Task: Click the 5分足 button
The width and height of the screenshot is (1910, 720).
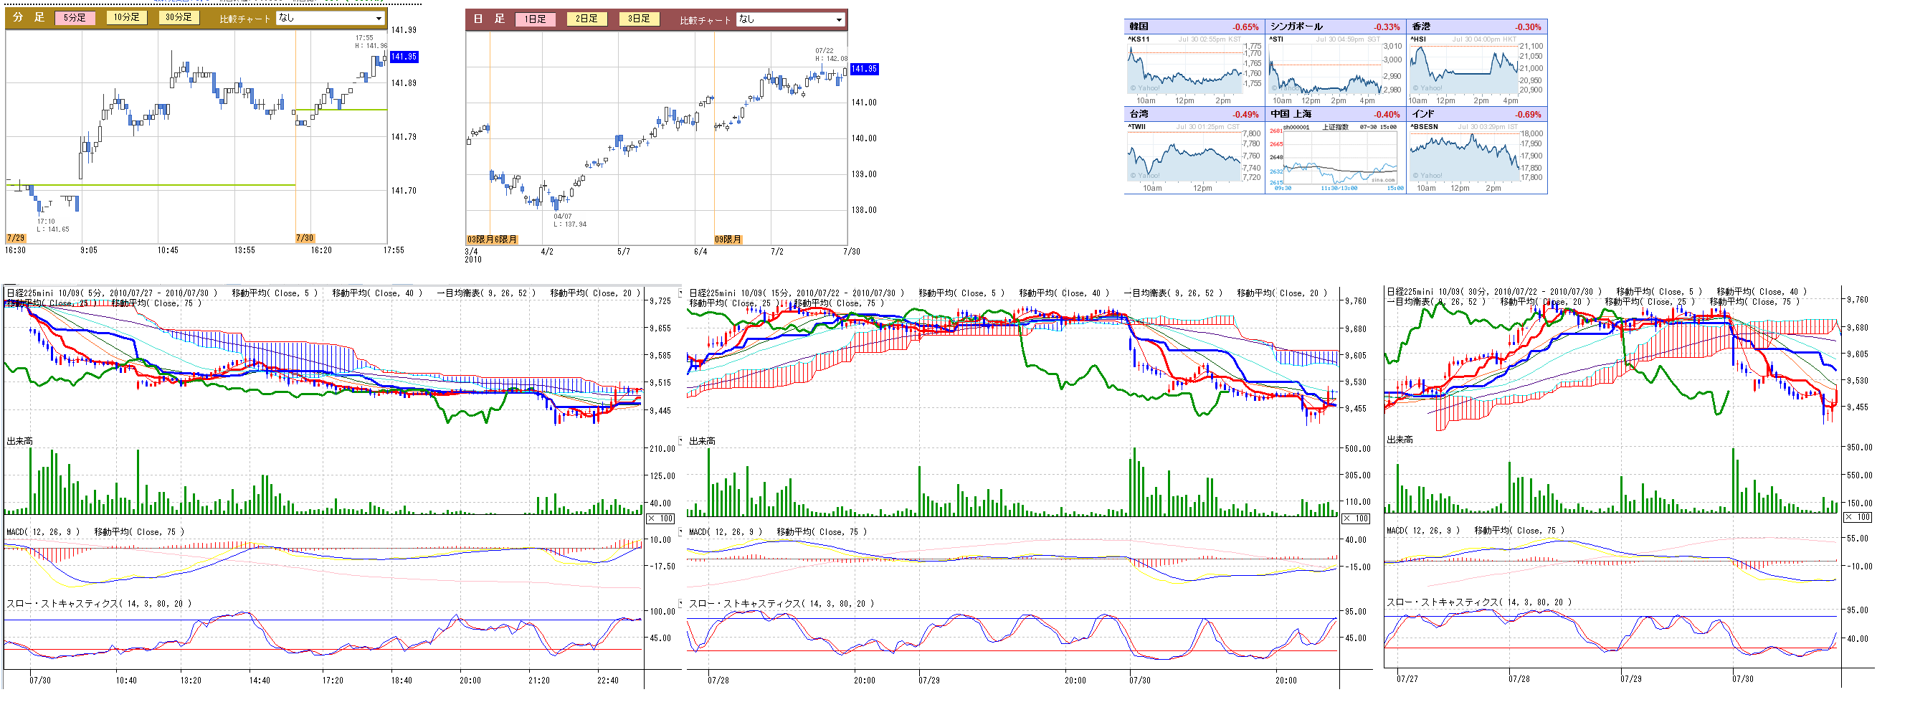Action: (75, 17)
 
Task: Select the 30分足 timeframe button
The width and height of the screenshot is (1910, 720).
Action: (179, 17)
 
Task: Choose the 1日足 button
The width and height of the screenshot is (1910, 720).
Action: (536, 19)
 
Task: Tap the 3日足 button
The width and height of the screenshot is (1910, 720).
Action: (639, 19)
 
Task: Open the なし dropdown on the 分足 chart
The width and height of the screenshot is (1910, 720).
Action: (331, 18)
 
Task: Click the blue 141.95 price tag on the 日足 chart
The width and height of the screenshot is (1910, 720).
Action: (864, 69)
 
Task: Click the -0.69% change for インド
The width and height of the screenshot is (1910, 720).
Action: (1528, 115)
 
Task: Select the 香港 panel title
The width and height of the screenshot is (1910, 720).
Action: (1420, 27)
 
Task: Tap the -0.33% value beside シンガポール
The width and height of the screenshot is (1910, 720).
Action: (1387, 27)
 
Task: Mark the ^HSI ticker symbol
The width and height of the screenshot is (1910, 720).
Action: (1417, 39)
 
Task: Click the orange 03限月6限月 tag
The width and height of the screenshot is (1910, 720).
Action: (493, 240)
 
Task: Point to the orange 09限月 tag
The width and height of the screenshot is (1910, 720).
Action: (728, 240)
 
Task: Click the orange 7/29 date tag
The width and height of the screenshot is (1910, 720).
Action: (16, 238)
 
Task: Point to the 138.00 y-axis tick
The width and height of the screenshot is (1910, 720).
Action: (864, 210)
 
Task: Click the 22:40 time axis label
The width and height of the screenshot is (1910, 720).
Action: (607, 681)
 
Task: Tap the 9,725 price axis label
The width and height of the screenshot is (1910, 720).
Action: (660, 301)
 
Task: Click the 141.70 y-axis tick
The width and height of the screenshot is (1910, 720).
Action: (404, 191)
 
